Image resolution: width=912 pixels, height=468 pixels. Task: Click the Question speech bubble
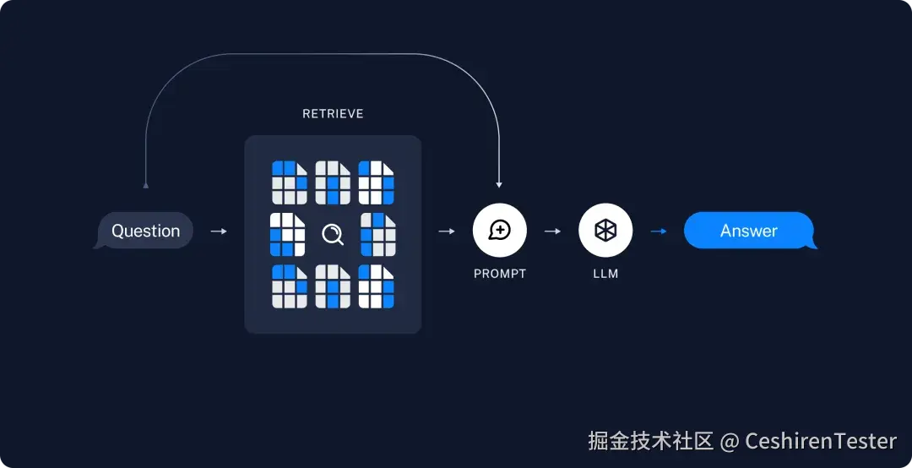click(x=145, y=231)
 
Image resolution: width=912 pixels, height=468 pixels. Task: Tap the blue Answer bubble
click(x=749, y=231)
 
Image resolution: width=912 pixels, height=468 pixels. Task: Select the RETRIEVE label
click(x=333, y=114)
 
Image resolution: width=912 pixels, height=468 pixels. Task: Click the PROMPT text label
click(x=500, y=274)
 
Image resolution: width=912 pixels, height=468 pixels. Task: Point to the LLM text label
click(x=605, y=274)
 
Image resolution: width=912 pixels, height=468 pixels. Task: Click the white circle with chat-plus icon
click(x=500, y=231)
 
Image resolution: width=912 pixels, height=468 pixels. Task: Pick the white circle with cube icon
click(x=605, y=231)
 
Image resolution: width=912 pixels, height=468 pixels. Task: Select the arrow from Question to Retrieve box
click(x=218, y=231)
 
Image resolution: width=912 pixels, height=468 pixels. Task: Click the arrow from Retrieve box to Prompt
click(x=447, y=231)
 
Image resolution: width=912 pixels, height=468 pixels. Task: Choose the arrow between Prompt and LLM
click(x=552, y=231)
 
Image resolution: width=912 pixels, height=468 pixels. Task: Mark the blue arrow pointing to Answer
click(x=658, y=231)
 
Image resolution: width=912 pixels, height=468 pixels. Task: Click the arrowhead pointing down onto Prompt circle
click(x=500, y=183)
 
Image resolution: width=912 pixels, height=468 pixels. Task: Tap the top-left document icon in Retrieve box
click(x=289, y=182)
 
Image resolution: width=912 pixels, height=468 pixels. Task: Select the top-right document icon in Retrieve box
click(x=377, y=182)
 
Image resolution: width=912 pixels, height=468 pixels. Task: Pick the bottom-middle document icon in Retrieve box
click(x=333, y=286)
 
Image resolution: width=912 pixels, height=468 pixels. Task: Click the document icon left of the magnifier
click(x=287, y=234)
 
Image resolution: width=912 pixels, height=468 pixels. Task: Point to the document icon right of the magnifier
click(x=378, y=234)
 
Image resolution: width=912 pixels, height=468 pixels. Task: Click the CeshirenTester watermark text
click(x=821, y=441)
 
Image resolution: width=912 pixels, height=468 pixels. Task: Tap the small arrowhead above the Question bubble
click(x=146, y=184)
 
